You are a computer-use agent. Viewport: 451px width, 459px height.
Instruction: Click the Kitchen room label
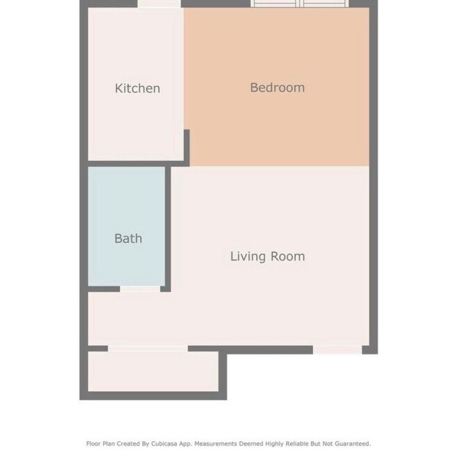click(x=137, y=89)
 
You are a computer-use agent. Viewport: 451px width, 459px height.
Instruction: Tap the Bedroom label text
click(x=278, y=87)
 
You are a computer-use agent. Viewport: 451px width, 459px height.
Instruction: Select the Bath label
click(x=128, y=239)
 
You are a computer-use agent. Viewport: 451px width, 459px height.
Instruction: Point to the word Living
click(x=248, y=257)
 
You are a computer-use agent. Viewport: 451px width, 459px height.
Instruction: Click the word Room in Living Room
click(x=288, y=257)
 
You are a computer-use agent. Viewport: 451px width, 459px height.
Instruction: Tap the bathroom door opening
click(x=140, y=289)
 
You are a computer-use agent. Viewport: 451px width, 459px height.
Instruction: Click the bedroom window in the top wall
click(x=300, y=3)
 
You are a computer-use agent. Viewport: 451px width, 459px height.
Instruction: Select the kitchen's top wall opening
click(x=159, y=3)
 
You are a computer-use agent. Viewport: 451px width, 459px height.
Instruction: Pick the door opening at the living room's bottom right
click(x=337, y=350)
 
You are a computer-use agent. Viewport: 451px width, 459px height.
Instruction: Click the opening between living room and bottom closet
click(x=148, y=348)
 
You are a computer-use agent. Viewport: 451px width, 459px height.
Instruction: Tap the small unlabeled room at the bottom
click(x=153, y=371)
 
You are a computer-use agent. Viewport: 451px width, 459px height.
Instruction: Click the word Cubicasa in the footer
click(x=164, y=444)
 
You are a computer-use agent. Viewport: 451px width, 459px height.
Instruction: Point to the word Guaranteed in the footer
click(x=352, y=444)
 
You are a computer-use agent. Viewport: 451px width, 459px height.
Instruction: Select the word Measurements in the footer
click(x=215, y=444)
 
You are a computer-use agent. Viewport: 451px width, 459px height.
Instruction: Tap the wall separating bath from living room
click(x=168, y=229)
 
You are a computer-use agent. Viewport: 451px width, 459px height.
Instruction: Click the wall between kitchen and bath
click(x=136, y=164)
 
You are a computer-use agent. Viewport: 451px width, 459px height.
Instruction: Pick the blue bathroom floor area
click(x=126, y=226)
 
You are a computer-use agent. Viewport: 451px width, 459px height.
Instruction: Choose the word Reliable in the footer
click(x=297, y=444)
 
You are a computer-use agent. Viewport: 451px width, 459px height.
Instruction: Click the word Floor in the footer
click(x=93, y=444)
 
